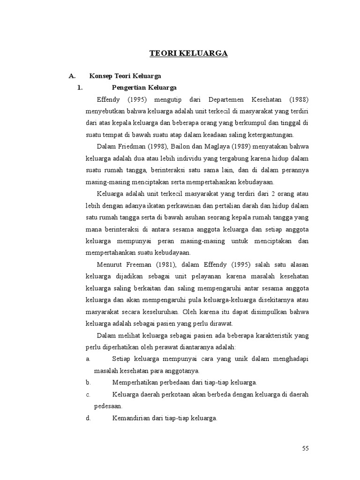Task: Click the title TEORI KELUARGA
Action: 188,53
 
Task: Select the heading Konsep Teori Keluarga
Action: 125,75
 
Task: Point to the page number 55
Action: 306,449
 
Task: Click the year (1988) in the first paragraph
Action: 299,99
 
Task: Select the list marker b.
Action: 88,382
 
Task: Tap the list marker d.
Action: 88,418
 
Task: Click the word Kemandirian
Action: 132,418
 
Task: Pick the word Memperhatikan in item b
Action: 136,382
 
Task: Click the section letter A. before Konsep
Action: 72,75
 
